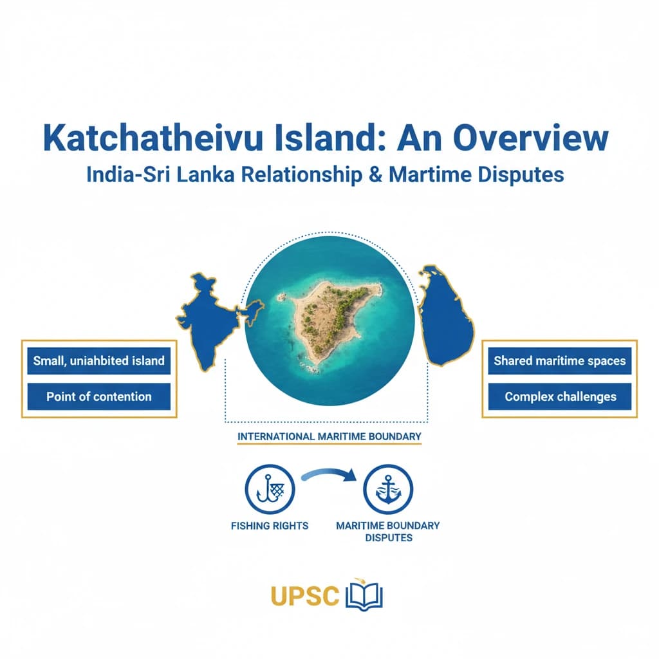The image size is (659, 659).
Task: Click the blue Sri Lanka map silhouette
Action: point(445,316)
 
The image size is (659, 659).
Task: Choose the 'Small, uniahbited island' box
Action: point(99,361)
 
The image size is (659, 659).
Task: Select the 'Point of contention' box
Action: point(99,396)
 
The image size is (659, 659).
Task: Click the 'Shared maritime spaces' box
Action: point(559,361)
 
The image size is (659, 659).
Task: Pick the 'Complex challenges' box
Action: point(559,396)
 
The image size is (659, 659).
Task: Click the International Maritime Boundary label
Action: point(329,436)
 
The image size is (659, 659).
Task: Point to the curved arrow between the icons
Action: point(328,475)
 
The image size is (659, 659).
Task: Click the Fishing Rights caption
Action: point(270,526)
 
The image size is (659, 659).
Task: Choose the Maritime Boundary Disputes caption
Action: point(388,531)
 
